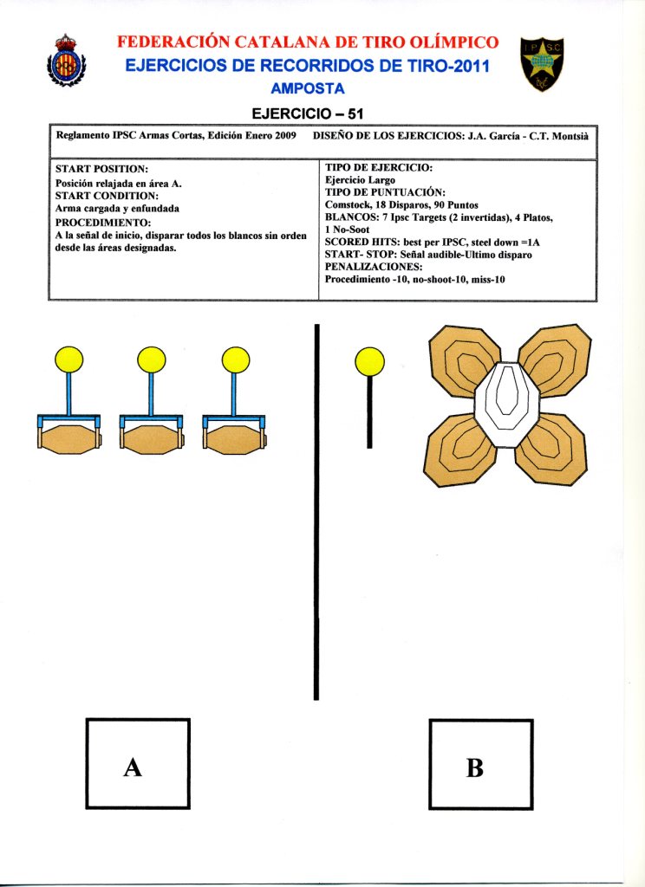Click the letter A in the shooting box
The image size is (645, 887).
click(133, 767)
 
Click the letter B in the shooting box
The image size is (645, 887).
click(474, 767)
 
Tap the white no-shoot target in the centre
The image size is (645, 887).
click(507, 405)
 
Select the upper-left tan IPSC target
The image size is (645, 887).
click(465, 357)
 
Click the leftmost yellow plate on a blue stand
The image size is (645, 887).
click(68, 359)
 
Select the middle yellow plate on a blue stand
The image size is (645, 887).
click(151, 359)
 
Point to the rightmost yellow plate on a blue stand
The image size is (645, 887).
click(235, 359)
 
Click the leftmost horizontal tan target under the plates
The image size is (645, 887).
click(68, 439)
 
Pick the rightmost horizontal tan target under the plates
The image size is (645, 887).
click(235, 439)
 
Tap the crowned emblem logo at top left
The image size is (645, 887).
click(65, 62)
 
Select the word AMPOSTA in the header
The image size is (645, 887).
click(308, 88)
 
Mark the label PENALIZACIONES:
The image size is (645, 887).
click(378, 267)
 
